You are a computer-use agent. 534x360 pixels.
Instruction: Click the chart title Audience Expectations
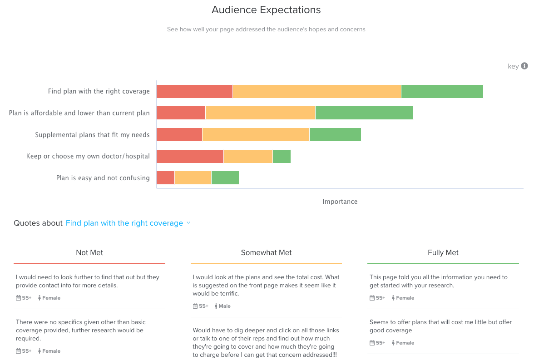tap(266, 10)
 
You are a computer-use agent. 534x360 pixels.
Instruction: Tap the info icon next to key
tap(524, 66)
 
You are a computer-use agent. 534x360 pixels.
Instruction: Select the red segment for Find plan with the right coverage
tap(194, 91)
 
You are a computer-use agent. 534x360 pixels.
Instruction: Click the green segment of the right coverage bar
tap(442, 91)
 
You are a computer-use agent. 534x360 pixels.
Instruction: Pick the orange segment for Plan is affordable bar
tap(260, 113)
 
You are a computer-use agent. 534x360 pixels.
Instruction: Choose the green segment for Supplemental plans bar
tap(335, 135)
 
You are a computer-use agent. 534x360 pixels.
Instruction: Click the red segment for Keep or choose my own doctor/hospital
tap(190, 156)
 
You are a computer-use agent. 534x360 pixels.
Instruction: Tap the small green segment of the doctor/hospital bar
tap(282, 156)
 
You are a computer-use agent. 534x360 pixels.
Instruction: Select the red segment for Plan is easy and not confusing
tap(165, 178)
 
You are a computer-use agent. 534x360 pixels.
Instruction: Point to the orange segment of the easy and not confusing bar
tap(193, 178)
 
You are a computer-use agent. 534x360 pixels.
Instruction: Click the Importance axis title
tap(340, 202)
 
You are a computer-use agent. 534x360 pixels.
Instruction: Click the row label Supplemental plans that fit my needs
tap(92, 135)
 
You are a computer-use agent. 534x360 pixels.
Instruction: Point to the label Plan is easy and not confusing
tap(103, 178)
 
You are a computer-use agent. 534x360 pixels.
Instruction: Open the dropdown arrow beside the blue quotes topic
tap(188, 223)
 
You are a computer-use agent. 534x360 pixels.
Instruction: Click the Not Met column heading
tap(89, 253)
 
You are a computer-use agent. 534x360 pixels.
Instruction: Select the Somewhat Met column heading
tap(266, 253)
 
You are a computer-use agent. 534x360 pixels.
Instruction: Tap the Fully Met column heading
tap(443, 253)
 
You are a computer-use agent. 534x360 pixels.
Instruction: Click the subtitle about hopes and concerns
tap(266, 30)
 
